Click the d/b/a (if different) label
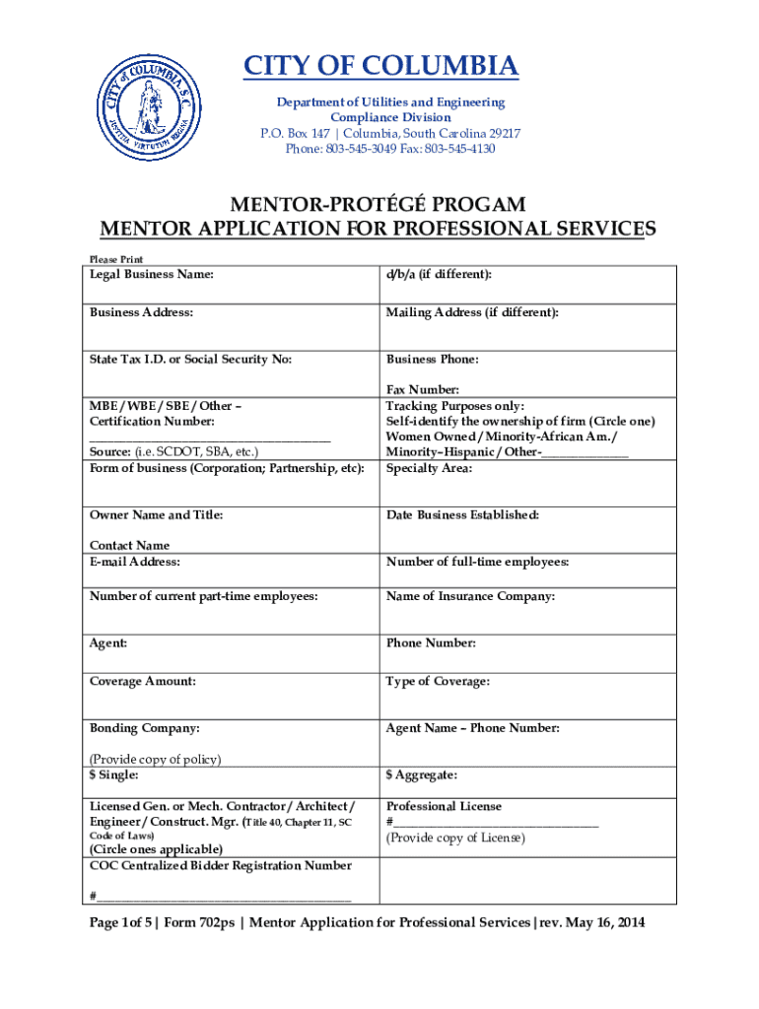click(439, 274)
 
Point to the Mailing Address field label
click(472, 312)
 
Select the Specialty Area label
click(429, 468)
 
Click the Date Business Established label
click(462, 515)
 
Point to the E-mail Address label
click(135, 562)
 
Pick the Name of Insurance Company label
click(470, 596)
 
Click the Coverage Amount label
click(143, 681)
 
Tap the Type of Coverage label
click(438, 681)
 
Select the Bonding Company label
click(145, 728)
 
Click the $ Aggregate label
click(421, 776)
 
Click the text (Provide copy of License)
click(455, 838)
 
